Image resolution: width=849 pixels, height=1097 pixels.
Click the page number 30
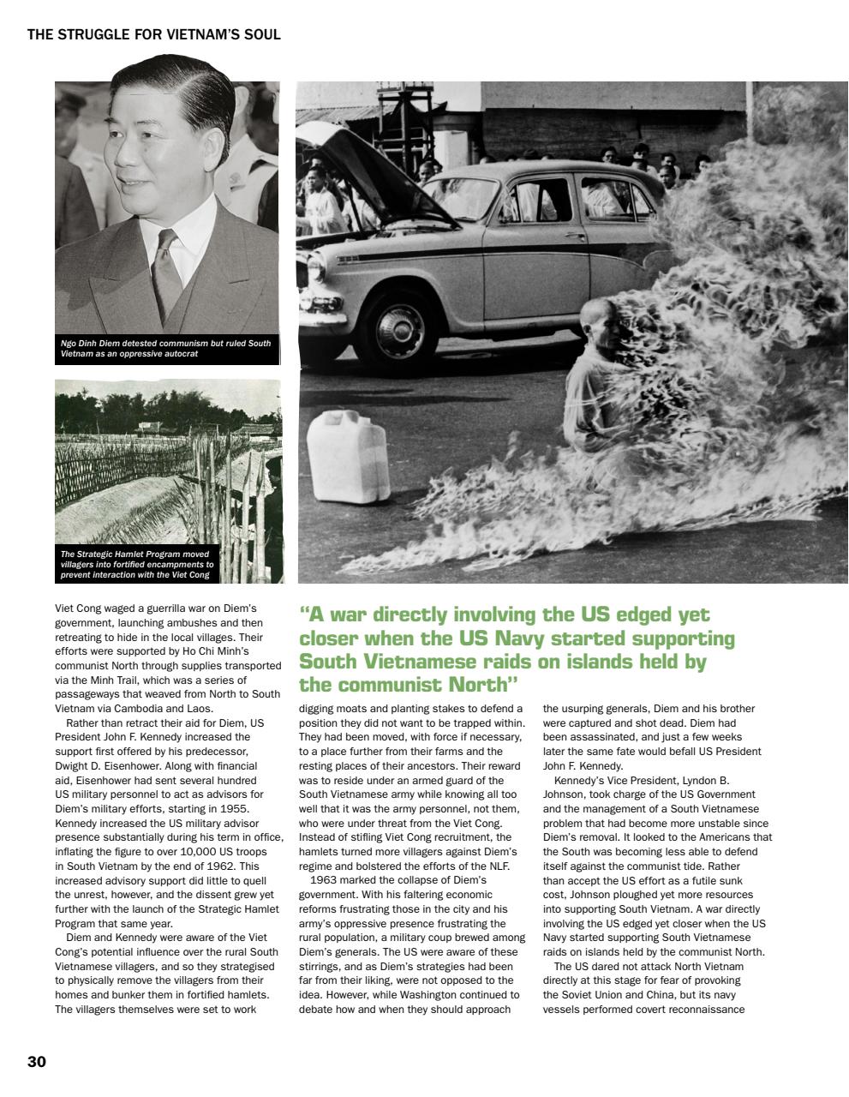coord(37,1062)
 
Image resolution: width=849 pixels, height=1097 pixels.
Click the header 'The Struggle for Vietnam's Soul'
coord(154,35)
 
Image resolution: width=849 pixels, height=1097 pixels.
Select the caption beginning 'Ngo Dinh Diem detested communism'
coord(166,348)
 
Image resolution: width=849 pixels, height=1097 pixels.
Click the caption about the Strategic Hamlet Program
coord(137,564)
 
